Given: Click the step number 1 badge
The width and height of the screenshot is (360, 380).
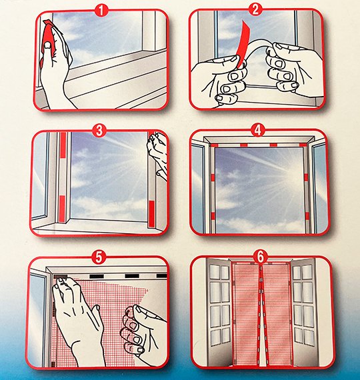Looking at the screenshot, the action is point(102,11).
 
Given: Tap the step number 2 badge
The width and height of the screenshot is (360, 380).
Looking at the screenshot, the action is point(255,10).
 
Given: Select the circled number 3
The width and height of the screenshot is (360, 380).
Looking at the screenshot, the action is point(99,131).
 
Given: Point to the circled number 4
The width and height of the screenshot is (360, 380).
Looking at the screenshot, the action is point(258,130).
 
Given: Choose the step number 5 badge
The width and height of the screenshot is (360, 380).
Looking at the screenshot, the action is point(99,257).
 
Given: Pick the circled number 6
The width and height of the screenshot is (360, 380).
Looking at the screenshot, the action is point(261,257).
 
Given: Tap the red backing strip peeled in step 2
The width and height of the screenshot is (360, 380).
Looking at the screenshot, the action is point(244,43).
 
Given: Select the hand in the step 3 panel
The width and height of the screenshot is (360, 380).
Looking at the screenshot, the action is point(157,155).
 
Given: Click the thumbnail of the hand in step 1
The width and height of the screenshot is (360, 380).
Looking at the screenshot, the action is point(48,45).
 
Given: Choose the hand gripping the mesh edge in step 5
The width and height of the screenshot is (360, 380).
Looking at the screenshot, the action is point(143,332).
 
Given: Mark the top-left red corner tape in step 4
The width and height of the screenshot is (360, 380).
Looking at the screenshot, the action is point(215,145).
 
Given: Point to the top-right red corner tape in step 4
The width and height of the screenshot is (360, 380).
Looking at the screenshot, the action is point(303,145).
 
